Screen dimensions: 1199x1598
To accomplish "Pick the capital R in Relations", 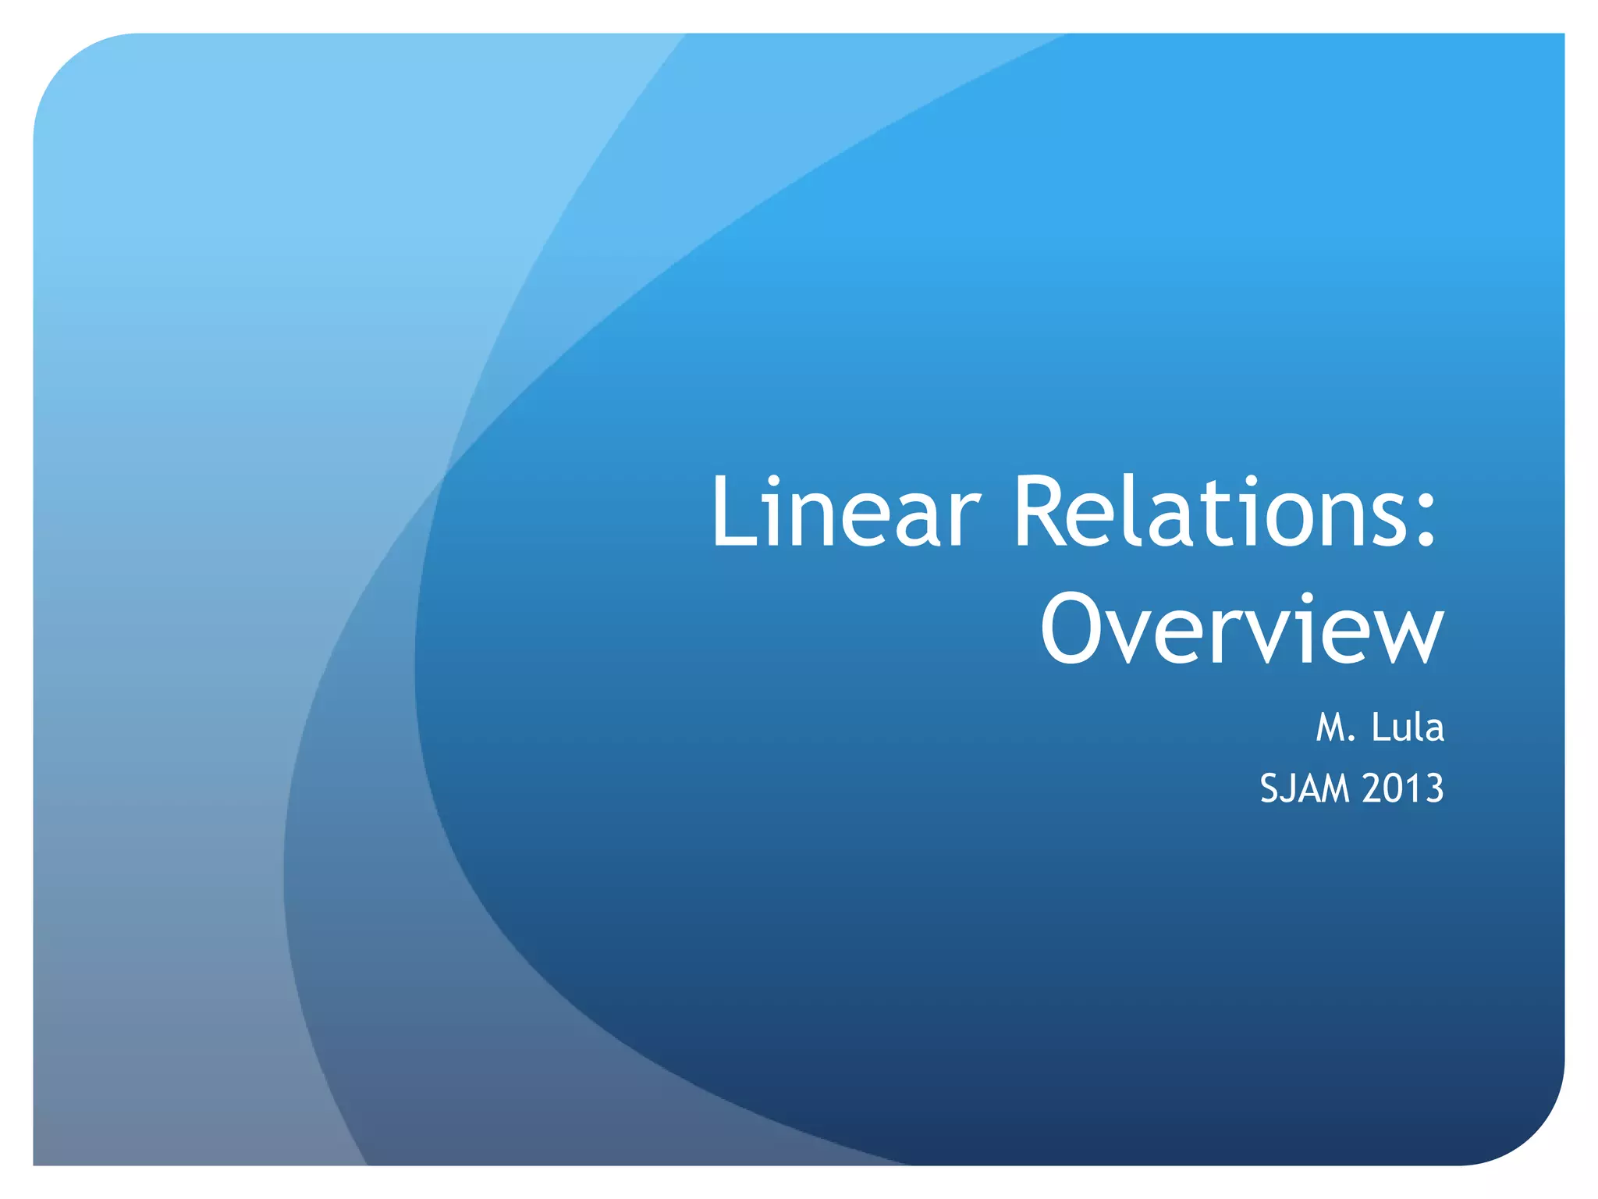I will click(1042, 513).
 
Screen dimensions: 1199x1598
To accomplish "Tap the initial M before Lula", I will click(1331, 728).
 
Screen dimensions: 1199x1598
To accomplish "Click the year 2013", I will click(1403, 788).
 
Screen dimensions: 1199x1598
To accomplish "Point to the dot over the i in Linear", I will click(775, 482).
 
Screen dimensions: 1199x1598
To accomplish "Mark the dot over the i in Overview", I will click(1301, 599).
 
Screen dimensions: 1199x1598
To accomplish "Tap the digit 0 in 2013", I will click(1394, 788).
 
